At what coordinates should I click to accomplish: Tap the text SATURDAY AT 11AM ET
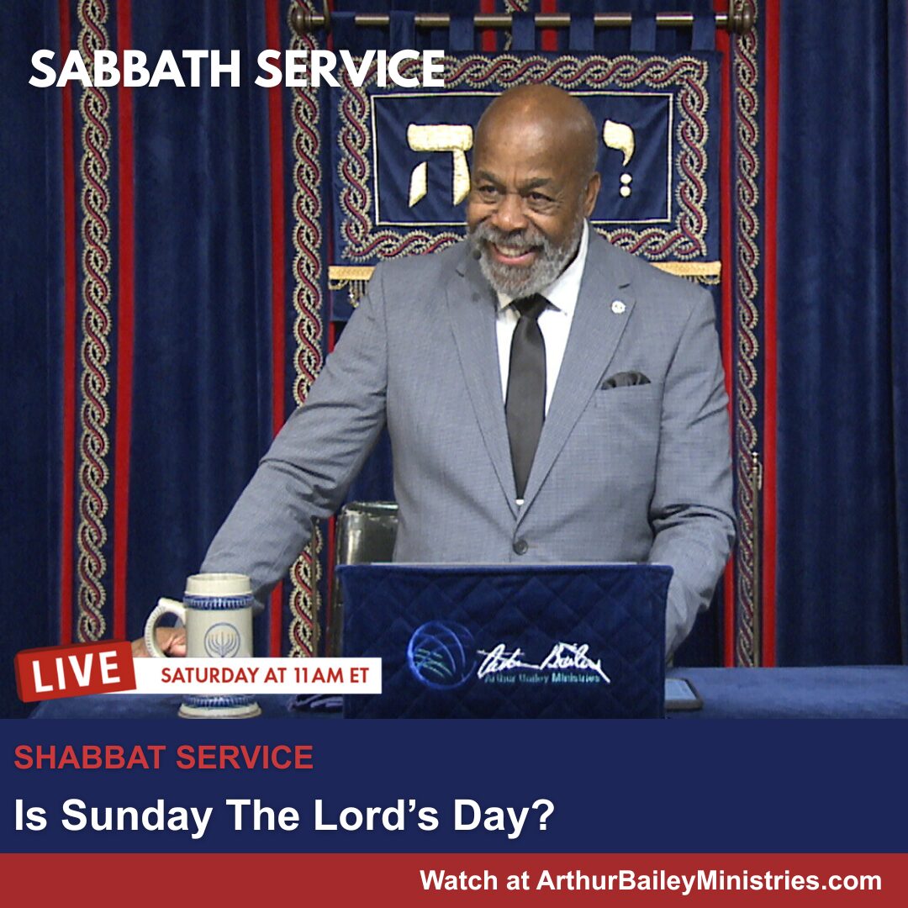coord(265,675)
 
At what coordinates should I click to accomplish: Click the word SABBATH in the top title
coord(135,69)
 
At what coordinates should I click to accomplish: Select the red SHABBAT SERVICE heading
coord(164,758)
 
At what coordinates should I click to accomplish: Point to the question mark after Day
coord(544,816)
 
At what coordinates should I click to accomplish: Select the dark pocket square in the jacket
coord(626,379)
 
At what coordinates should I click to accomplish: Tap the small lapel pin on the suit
coord(618,307)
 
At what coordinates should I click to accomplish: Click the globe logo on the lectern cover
coord(439,656)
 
